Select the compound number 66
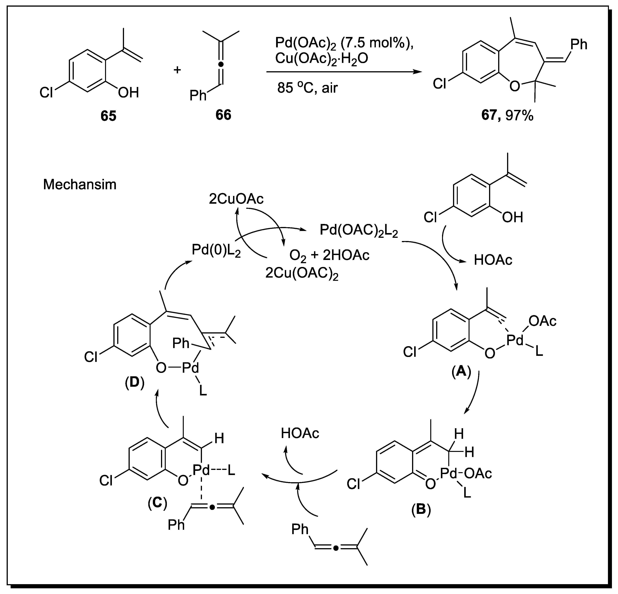point(223,115)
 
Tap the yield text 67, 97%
point(507,116)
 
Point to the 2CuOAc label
point(236,199)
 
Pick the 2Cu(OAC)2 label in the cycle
point(302,274)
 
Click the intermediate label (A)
point(461,372)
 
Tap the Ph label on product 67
point(579,45)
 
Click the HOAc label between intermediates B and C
point(300,433)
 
